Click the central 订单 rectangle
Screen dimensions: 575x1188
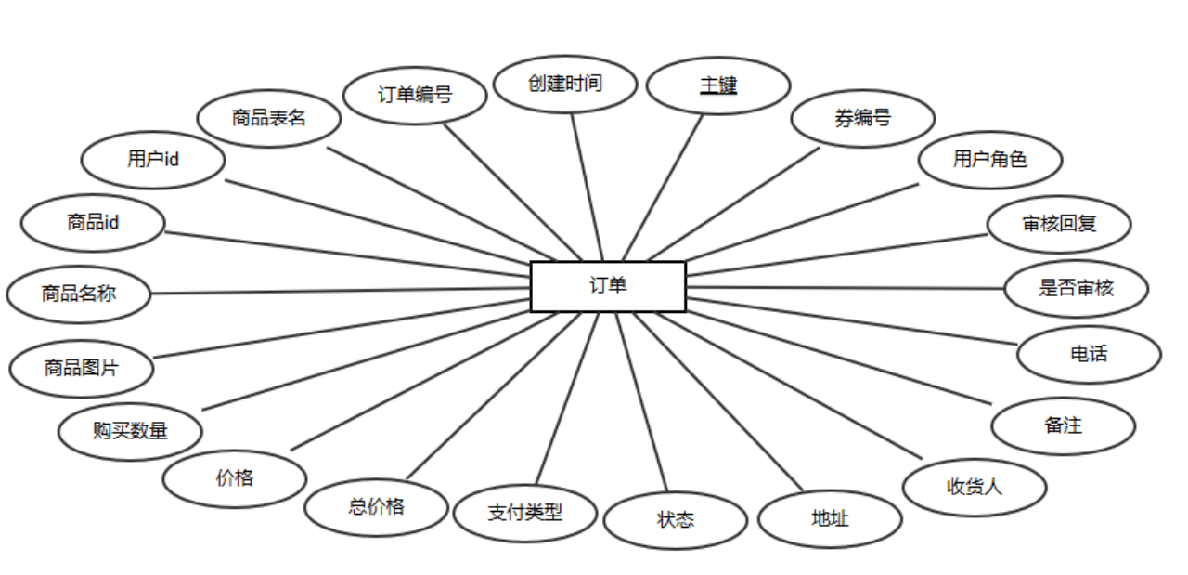[608, 286]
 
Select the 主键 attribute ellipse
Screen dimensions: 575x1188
[717, 85]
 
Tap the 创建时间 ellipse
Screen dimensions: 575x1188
[565, 84]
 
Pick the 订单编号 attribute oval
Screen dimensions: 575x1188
[415, 95]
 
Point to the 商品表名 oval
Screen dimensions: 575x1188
[269, 118]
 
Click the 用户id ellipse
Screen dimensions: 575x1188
[153, 160]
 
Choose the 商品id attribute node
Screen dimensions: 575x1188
[93, 223]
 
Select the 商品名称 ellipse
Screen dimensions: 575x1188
[79, 294]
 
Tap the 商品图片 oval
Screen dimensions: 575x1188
[82, 368]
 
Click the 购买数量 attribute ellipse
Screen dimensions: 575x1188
[130, 431]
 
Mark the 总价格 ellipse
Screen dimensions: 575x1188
[377, 507]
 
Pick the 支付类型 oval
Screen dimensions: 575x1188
[525, 513]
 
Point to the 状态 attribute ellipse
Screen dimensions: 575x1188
[676, 520]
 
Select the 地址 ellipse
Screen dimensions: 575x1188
[830, 519]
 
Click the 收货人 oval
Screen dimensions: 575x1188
[975, 487]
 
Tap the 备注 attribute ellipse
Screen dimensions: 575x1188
[1064, 426]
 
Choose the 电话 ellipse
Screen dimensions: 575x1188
[1089, 354]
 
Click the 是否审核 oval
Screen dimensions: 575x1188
[1076, 288]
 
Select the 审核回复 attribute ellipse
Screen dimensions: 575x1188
[1059, 224]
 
